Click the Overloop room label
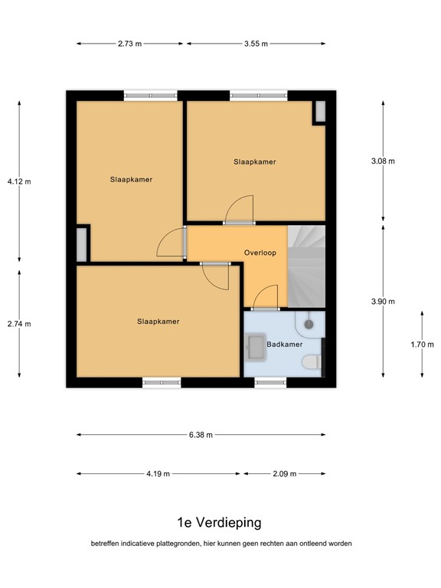[x=260, y=253]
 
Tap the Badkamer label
[x=284, y=345]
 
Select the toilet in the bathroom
[x=312, y=362]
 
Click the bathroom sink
[x=256, y=347]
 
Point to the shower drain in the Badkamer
[x=309, y=325]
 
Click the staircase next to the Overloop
[x=306, y=266]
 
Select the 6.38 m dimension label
[x=201, y=435]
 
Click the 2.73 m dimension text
[x=129, y=44]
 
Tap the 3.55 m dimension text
[x=256, y=44]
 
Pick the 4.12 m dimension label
[x=19, y=182]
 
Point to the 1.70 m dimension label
[x=423, y=345]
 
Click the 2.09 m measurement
[x=285, y=474]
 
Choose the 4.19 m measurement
[x=158, y=474]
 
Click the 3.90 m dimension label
[x=383, y=302]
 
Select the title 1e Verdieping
[x=219, y=522]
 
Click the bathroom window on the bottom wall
[x=270, y=383]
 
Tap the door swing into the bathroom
[x=266, y=296]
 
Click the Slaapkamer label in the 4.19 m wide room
[x=158, y=322]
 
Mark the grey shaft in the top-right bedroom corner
[x=320, y=111]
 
